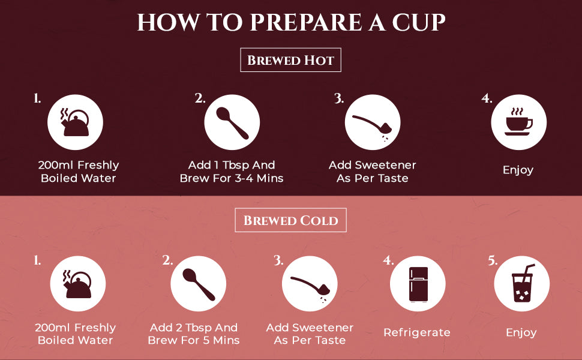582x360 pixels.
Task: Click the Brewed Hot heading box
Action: coord(290,60)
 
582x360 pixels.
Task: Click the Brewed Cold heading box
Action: coord(290,220)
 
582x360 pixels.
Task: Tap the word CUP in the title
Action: coord(419,22)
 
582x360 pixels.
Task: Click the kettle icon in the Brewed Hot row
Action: coord(76,122)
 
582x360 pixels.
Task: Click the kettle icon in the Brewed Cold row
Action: coord(77,284)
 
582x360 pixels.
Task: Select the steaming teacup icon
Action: coord(519,122)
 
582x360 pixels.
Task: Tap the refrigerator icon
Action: coord(418,284)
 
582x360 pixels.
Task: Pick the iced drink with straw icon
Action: coord(523,283)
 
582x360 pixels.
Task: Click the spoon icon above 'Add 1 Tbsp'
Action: coord(232,123)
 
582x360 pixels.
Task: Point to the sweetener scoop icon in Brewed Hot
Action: coord(371,125)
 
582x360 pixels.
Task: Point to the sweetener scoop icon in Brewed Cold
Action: coord(309,286)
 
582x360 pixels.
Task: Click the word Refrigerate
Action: coord(417,332)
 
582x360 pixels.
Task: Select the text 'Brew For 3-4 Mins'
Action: coord(232,179)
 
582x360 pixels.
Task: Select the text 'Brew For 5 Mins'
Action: coord(194,340)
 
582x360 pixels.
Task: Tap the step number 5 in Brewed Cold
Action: coord(493,261)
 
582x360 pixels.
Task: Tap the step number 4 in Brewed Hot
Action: coord(487,98)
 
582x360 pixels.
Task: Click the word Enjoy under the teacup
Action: coord(518,170)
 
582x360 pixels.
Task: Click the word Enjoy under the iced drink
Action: coord(521,333)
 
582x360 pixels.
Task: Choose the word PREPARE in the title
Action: coord(306,22)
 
